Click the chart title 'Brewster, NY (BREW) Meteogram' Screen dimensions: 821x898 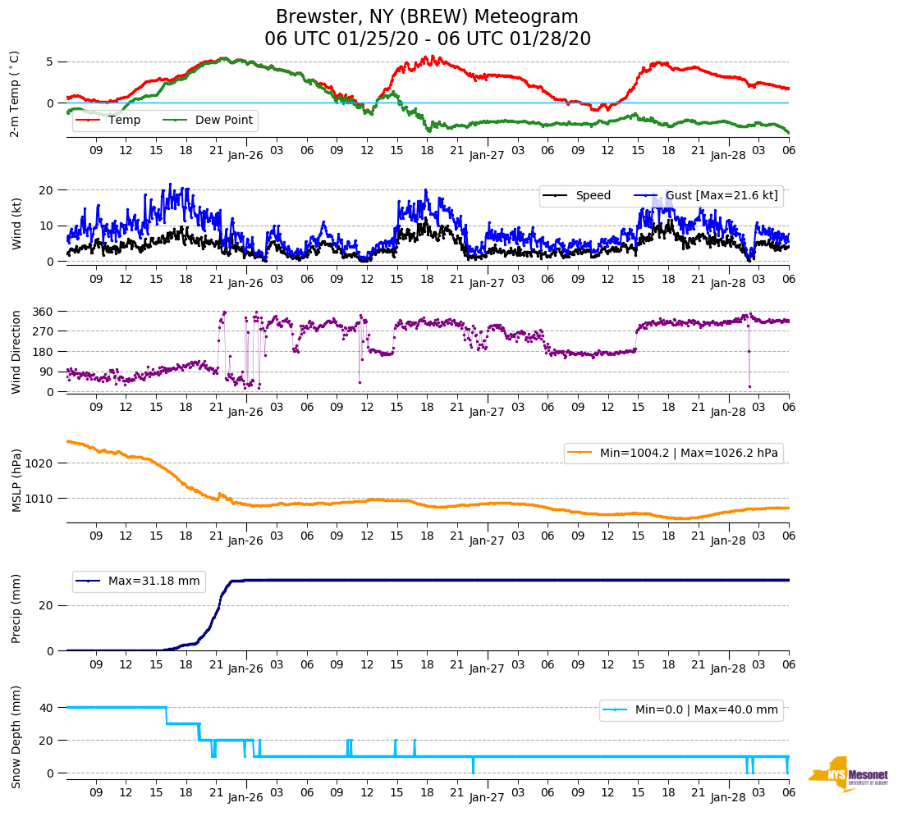(x=427, y=17)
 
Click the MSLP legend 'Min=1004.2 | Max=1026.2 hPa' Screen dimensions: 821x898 (x=672, y=453)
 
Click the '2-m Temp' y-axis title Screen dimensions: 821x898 (x=15, y=94)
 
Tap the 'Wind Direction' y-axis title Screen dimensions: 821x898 (x=16, y=352)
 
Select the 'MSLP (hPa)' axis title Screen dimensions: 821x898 (x=16, y=481)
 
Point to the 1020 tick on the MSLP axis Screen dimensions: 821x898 (x=41, y=463)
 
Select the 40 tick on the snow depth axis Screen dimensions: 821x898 (x=48, y=708)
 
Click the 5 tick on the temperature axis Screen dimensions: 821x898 (x=50, y=62)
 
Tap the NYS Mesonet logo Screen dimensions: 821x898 (x=848, y=774)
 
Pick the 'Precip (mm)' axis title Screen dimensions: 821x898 (x=16, y=610)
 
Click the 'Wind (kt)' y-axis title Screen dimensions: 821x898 (x=16, y=222)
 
